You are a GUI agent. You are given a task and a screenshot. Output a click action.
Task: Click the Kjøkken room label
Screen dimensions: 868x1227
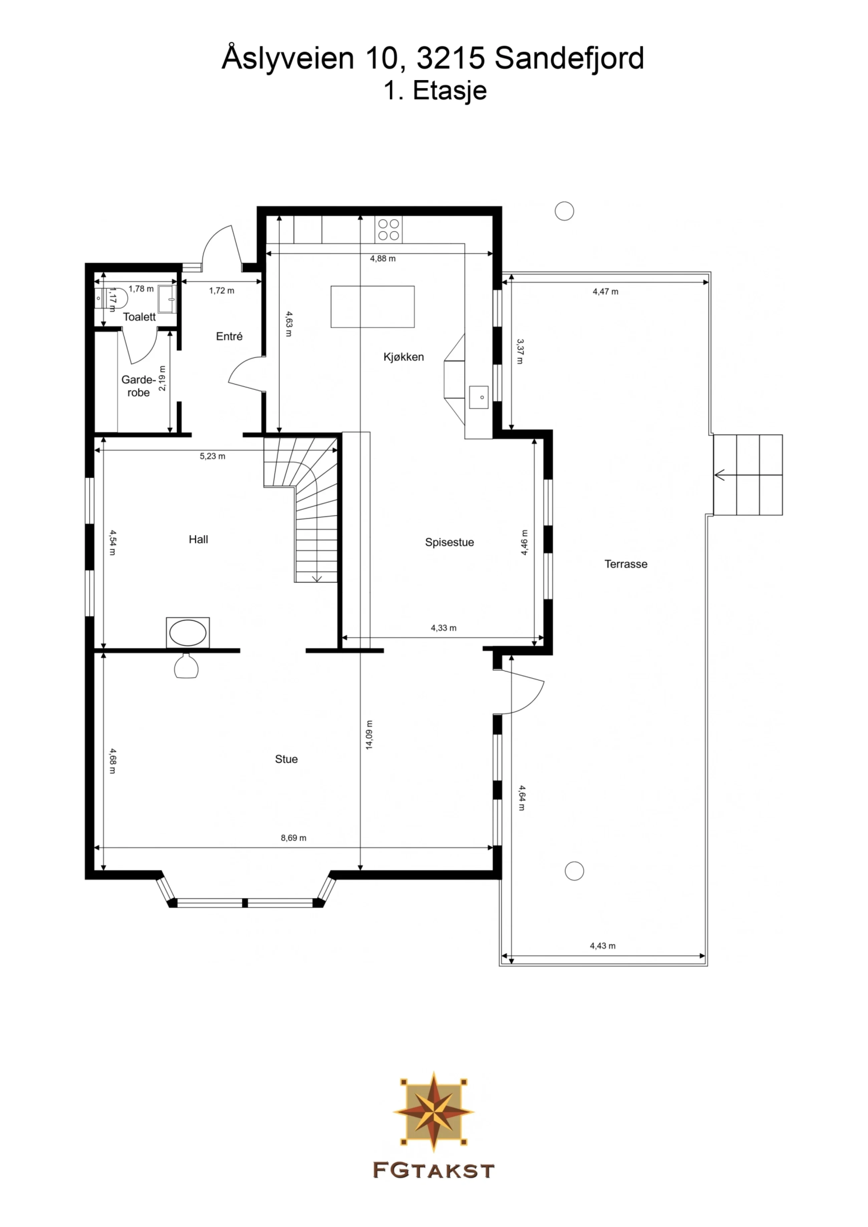pyautogui.click(x=403, y=357)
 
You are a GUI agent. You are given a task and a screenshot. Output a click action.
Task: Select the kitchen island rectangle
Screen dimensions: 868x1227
pyautogui.click(x=372, y=306)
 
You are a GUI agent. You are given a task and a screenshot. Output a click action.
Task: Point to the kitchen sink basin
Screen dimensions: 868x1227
pyautogui.click(x=479, y=397)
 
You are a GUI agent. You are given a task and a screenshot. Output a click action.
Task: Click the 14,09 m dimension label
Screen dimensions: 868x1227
pyautogui.click(x=369, y=735)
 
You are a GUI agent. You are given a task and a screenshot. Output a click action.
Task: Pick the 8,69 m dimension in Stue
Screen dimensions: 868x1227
pyautogui.click(x=293, y=837)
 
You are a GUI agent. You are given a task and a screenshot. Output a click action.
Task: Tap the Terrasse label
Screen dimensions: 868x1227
pyautogui.click(x=626, y=564)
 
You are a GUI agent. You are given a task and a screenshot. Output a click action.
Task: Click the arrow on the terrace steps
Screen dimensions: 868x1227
pyautogui.click(x=720, y=475)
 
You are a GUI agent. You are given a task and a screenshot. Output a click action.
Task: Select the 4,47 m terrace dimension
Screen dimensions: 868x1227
pyautogui.click(x=605, y=291)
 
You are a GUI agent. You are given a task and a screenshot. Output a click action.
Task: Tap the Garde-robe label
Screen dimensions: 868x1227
pyautogui.click(x=139, y=386)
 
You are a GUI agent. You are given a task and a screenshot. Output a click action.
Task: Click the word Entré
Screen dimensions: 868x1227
pyautogui.click(x=229, y=336)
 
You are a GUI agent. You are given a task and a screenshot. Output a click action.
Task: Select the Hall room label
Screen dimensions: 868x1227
pyautogui.click(x=198, y=539)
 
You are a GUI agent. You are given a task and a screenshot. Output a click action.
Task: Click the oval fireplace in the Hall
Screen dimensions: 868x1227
pyautogui.click(x=188, y=633)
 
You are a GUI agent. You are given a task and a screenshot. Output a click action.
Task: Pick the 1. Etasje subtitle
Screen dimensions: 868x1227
pyautogui.click(x=435, y=91)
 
